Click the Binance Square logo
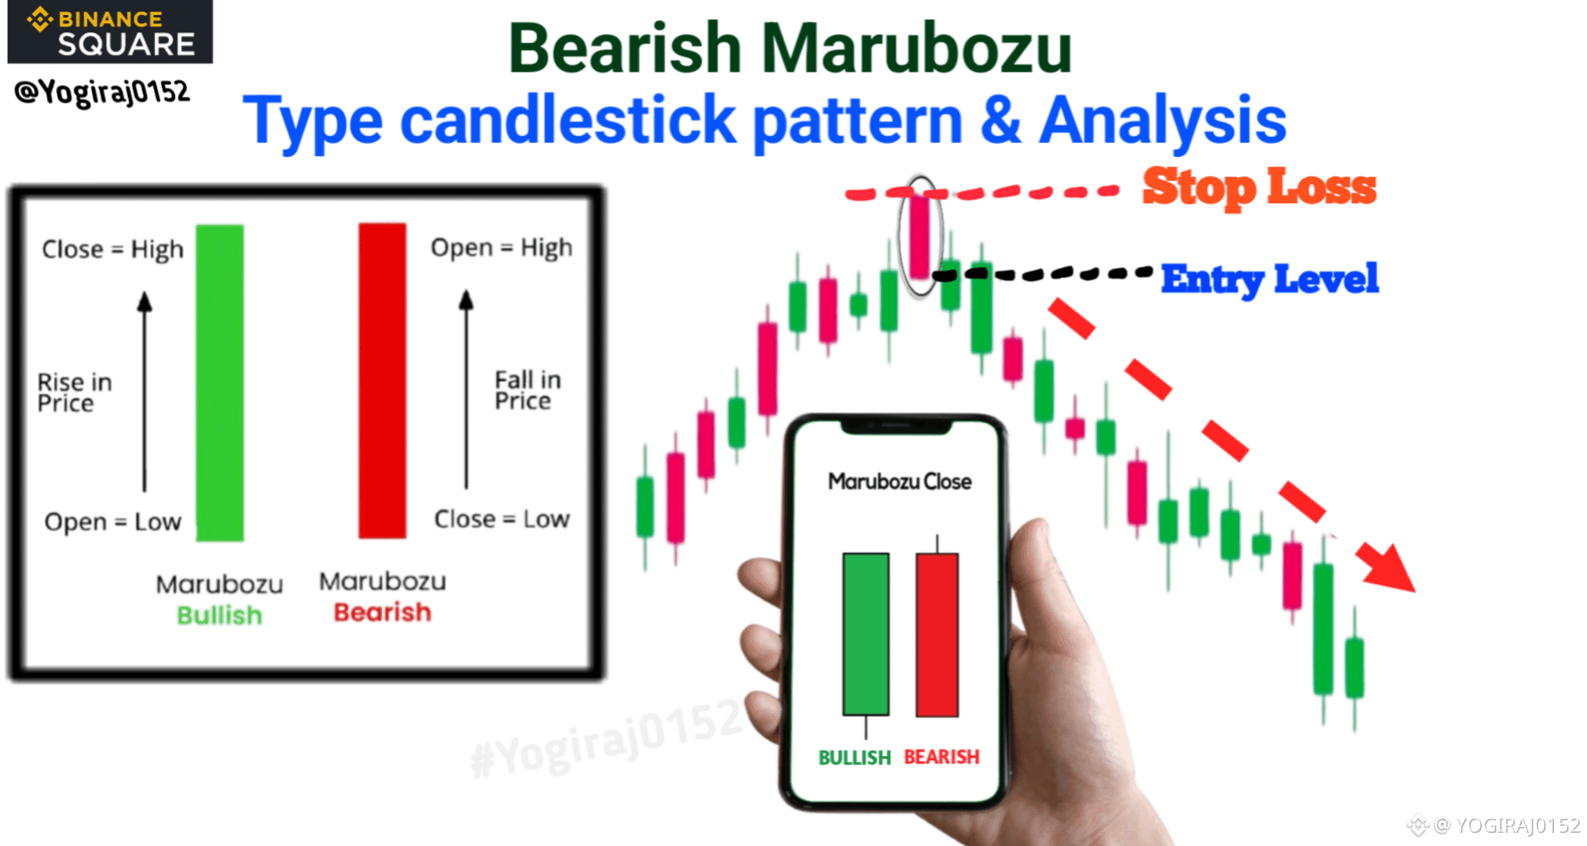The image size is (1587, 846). [x=110, y=31]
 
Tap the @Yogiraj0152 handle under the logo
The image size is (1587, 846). [x=102, y=92]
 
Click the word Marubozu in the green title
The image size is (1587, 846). [x=916, y=48]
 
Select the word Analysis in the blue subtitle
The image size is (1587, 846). [x=1163, y=121]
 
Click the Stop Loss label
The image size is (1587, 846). [x=1259, y=187]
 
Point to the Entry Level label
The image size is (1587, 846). [x=1270, y=279]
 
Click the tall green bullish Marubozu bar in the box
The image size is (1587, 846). [x=220, y=383]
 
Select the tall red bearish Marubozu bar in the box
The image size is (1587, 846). [x=383, y=381]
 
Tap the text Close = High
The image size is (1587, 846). [x=112, y=250]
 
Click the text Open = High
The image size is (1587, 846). [x=501, y=248]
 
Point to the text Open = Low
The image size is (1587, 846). [x=112, y=522]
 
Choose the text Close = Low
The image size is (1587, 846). [x=502, y=519]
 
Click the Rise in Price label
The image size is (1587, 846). [x=74, y=392]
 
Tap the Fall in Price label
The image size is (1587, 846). [x=527, y=390]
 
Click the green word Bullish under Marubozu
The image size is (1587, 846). [x=219, y=615]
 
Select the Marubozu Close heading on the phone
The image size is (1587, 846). [x=899, y=481]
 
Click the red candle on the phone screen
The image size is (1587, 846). [x=937, y=634]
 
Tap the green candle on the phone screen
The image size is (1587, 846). [x=865, y=634]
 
